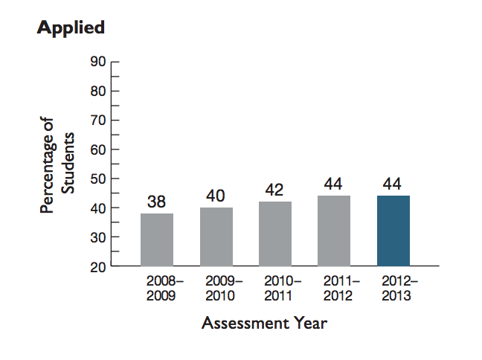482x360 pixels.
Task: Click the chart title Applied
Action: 71,28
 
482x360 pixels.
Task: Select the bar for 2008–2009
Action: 156,240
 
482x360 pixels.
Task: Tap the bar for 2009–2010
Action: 216,237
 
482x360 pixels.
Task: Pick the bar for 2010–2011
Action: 274,234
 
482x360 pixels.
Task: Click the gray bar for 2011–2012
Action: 334,231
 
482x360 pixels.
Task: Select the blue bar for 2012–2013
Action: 393,231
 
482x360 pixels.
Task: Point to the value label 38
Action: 156,202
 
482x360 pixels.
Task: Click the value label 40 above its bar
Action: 216,196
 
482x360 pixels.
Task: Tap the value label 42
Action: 274,190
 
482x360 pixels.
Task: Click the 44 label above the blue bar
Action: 393,183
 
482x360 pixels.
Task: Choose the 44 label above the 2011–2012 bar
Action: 334,183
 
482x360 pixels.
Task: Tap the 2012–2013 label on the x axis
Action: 399,289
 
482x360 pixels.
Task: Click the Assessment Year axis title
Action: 264,324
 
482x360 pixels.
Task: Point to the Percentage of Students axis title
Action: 58,165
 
